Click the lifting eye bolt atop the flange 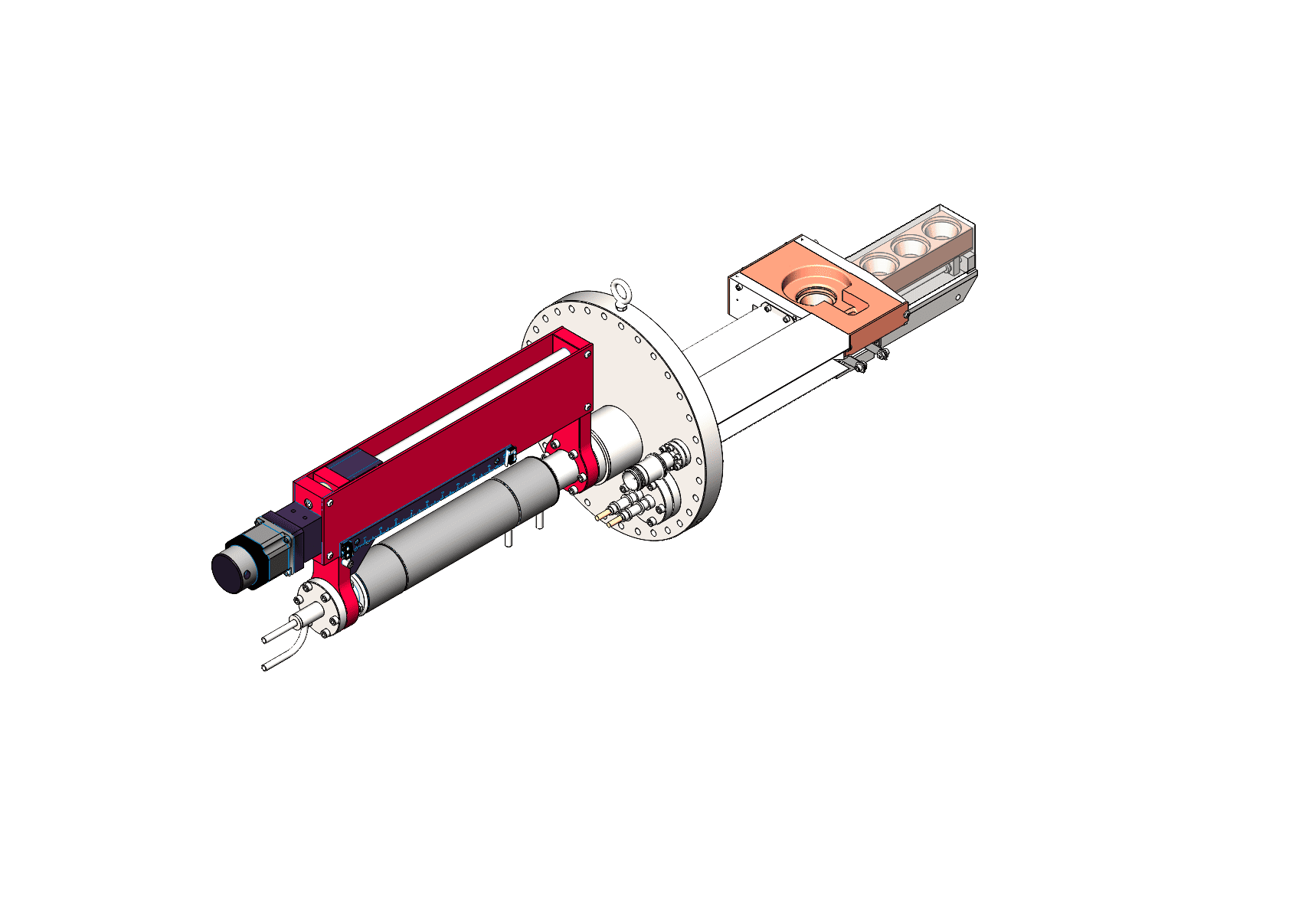[x=620, y=292]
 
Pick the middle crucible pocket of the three [x=911, y=246]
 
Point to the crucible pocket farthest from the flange [x=941, y=228]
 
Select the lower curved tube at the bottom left [x=283, y=657]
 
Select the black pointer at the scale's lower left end [x=347, y=550]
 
